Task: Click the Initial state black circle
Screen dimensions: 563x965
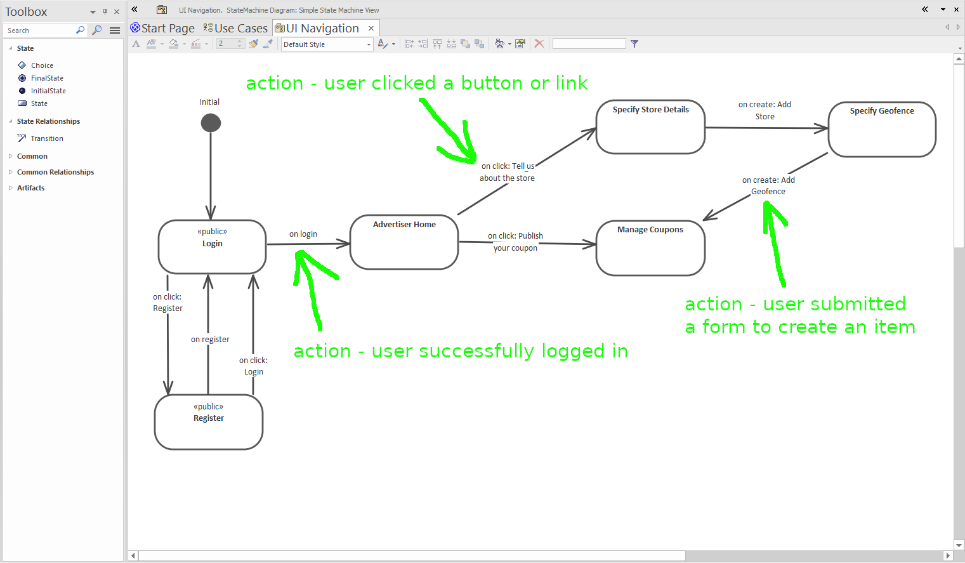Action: pos(211,123)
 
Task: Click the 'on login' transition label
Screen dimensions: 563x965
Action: pos(303,234)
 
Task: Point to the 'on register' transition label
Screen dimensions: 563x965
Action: pos(210,340)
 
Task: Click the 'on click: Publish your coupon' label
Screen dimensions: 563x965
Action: pos(515,242)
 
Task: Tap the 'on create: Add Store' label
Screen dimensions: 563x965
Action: pos(765,110)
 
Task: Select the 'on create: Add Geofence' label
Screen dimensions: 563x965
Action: pos(768,186)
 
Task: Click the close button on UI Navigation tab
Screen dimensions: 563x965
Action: pos(371,28)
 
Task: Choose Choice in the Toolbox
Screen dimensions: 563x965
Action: pos(42,65)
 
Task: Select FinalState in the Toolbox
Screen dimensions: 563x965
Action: pos(47,78)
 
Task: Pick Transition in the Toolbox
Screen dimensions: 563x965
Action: pos(47,138)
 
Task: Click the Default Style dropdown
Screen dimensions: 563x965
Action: pos(327,44)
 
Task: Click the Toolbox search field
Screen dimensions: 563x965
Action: pos(40,30)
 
